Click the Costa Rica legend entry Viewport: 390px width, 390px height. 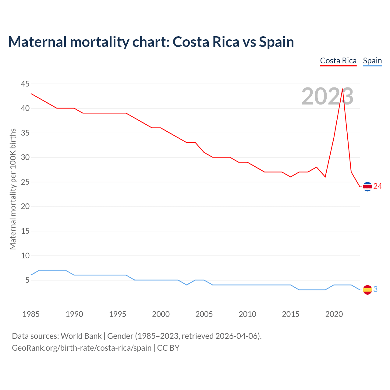pyautogui.click(x=338, y=61)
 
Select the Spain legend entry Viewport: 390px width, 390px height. pyautogui.click(x=372, y=61)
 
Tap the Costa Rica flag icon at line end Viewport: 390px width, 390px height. pyautogui.click(x=367, y=186)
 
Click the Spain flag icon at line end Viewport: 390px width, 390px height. pyautogui.click(x=367, y=289)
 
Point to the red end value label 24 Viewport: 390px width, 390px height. pyautogui.click(x=378, y=186)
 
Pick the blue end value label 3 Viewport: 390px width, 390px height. pyautogui.click(x=375, y=289)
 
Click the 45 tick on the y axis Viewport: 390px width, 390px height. pyautogui.click(x=25, y=84)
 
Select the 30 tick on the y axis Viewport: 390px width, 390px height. pyautogui.click(x=25, y=158)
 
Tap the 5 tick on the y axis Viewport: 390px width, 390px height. pyautogui.click(x=27, y=280)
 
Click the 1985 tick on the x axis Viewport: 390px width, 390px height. pyautogui.click(x=31, y=314)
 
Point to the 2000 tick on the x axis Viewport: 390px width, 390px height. pyautogui.click(x=161, y=314)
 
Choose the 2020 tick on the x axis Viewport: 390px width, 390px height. pyautogui.click(x=334, y=314)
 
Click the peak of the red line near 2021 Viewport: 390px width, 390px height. pyautogui.click(x=342, y=89)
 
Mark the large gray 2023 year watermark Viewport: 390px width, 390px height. pyautogui.click(x=327, y=96)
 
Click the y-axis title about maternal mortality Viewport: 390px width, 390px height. pyautogui.click(x=13, y=189)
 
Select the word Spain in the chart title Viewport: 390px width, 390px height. pyautogui.click(x=276, y=42)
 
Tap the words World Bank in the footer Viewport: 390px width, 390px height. pyautogui.click(x=81, y=336)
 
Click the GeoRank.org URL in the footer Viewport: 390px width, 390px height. pyautogui.click(x=82, y=348)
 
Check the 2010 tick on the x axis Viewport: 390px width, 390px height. pyautogui.click(x=247, y=314)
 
